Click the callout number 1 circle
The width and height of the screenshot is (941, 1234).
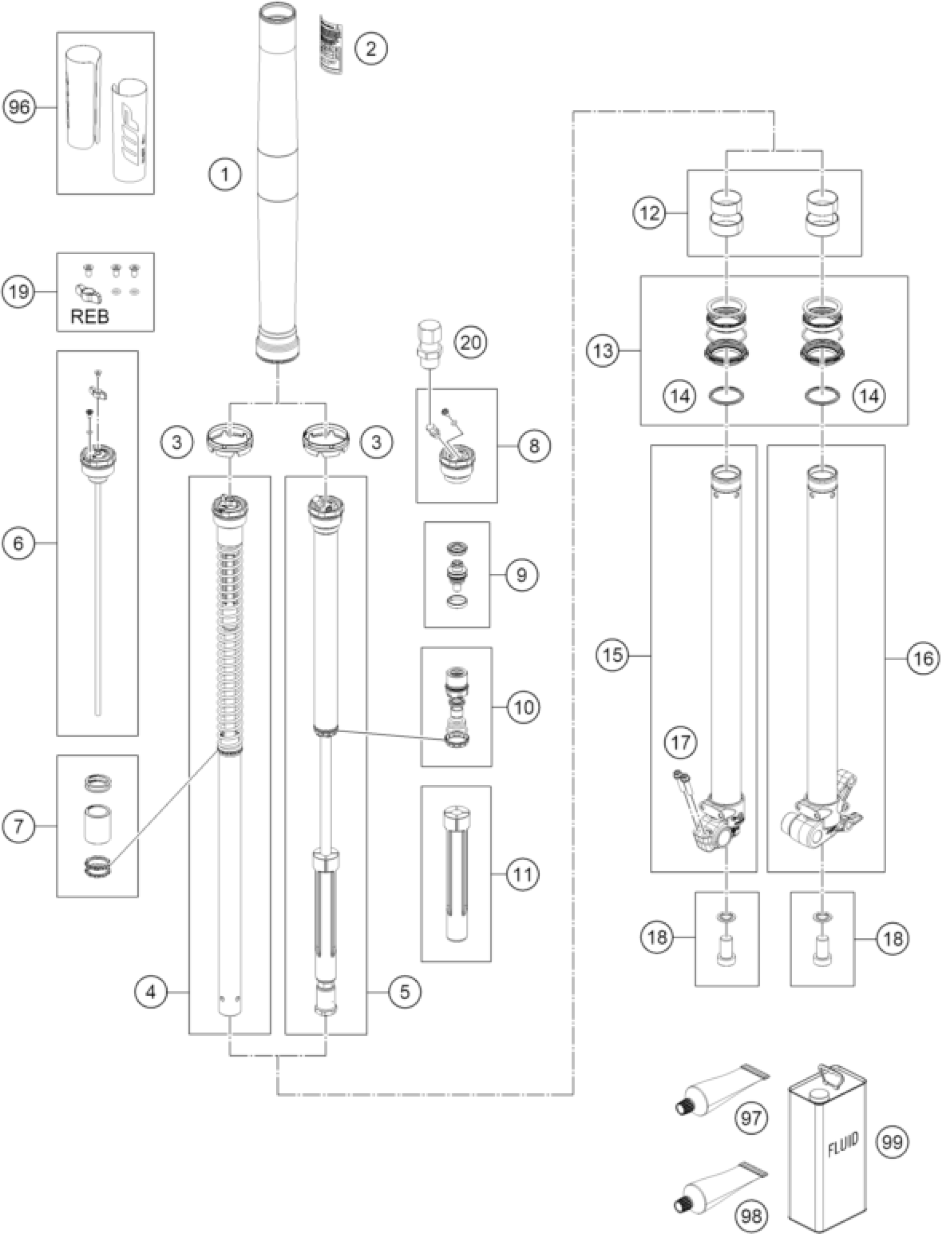[x=225, y=174]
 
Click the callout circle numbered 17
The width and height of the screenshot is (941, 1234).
[x=681, y=743]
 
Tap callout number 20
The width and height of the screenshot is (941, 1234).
[x=470, y=342]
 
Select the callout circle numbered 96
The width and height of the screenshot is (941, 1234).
[x=19, y=106]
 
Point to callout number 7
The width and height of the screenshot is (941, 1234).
[x=18, y=826]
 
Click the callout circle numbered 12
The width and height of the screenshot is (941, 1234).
[x=650, y=213]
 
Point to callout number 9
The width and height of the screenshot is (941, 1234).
[x=521, y=574]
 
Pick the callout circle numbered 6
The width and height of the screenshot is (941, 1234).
[x=18, y=543]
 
